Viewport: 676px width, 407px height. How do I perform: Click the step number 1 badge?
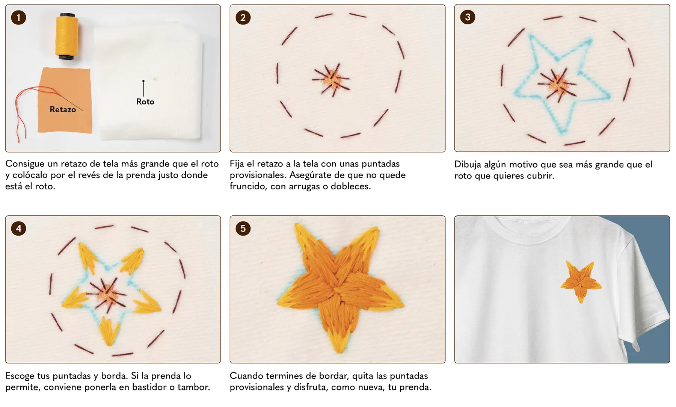click(18, 18)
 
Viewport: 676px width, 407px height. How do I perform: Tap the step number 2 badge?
click(243, 18)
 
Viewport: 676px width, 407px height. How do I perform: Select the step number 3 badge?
click(468, 17)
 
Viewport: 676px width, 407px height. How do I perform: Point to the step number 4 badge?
click(18, 228)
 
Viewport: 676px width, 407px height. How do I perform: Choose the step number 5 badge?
click(243, 228)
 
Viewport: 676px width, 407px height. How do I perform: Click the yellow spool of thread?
click(67, 36)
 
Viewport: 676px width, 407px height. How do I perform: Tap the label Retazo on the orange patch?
click(63, 109)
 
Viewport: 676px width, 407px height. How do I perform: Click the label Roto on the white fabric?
click(145, 101)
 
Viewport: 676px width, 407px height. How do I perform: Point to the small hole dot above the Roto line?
click(143, 81)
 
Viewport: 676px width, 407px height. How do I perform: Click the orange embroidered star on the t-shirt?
click(581, 282)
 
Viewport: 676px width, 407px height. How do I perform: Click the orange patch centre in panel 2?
click(331, 80)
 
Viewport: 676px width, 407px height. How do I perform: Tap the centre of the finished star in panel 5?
click(338, 291)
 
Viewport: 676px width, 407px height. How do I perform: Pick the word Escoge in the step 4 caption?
click(22, 376)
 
